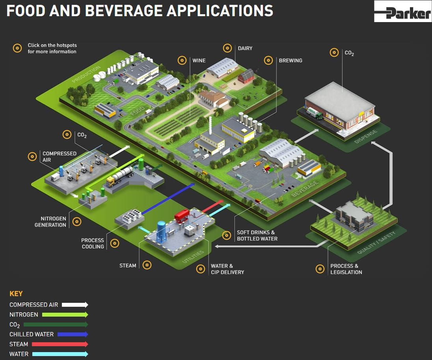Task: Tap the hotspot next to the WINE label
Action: (x=182, y=61)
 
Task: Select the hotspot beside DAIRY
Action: (x=227, y=48)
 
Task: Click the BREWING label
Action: (x=290, y=61)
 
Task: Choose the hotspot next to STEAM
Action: (x=147, y=265)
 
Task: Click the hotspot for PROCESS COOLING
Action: (x=115, y=243)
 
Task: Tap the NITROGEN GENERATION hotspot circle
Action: (x=77, y=222)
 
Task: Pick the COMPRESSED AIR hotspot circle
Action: (x=32, y=157)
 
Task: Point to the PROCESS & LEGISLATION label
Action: (x=346, y=269)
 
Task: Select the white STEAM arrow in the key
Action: (x=60, y=344)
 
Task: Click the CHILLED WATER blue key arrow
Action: (x=73, y=334)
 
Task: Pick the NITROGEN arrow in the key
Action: (x=65, y=315)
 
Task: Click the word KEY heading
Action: (x=16, y=294)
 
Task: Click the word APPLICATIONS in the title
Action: (x=220, y=11)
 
